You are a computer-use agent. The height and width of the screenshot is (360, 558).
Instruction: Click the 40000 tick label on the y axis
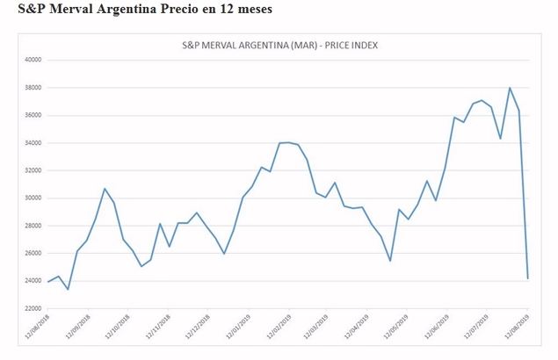[x=33, y=60]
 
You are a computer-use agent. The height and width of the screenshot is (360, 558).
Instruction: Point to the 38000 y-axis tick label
[x=33, y=88]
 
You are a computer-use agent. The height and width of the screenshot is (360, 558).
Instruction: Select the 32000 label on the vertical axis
[x=33, y=170]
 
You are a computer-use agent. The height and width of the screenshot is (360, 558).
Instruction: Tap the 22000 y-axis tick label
[x=33, y=308]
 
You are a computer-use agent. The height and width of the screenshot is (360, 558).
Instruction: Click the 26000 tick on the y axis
[x=33, y=253]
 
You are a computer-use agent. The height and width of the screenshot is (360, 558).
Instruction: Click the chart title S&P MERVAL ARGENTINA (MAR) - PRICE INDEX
[x=280, y=45]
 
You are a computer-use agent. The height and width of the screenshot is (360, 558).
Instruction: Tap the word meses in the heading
[x=250, y=10]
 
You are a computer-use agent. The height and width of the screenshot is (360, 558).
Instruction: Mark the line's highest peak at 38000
[x=510, y=88]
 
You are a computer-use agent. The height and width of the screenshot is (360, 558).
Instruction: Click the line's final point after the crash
[x=528, y=278]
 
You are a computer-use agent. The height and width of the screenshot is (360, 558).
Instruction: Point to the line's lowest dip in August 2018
[x=68, y=289]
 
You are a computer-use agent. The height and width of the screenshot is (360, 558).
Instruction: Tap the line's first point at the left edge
[x=48, y=281]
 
